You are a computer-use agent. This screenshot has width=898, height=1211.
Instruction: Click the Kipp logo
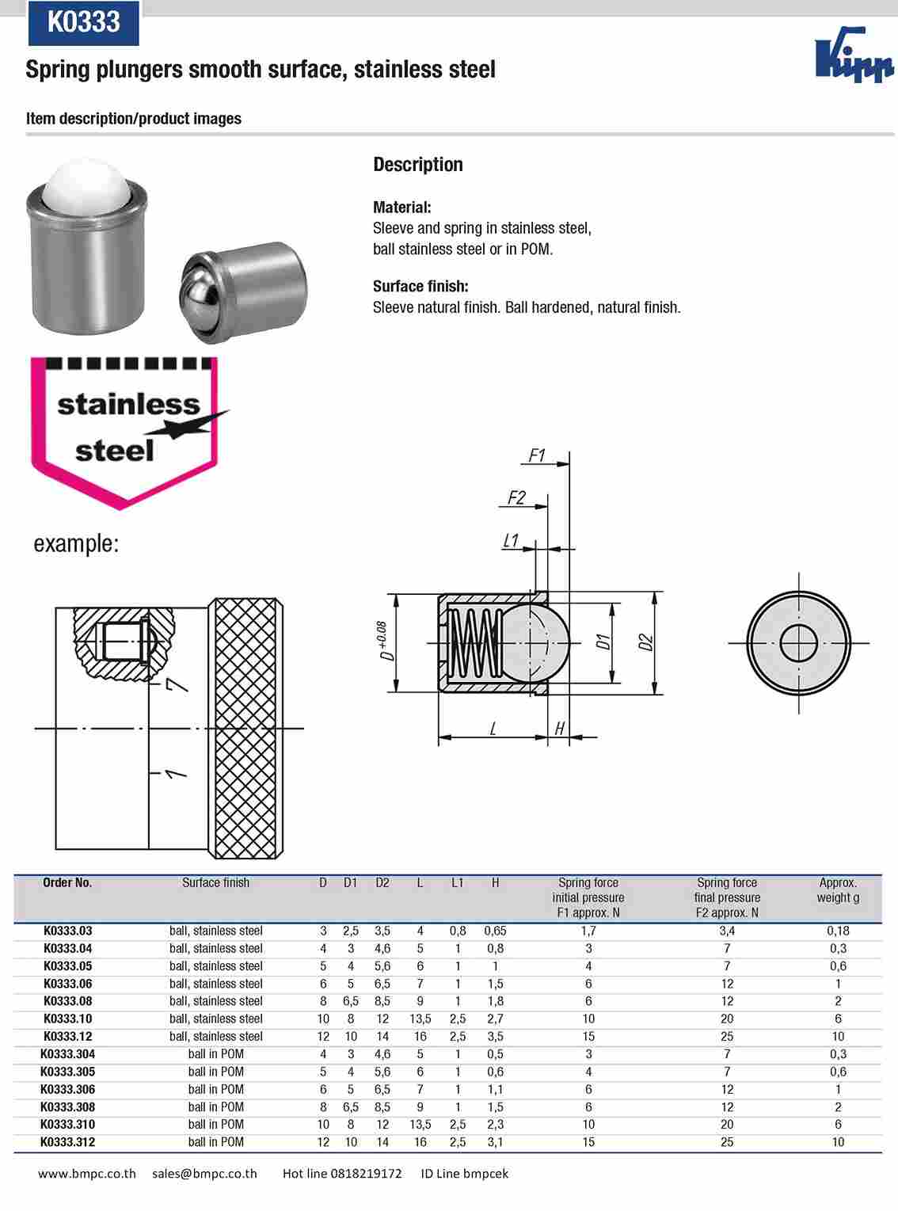coord(854,55)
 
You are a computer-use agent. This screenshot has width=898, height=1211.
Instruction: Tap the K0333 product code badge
coord(84,22)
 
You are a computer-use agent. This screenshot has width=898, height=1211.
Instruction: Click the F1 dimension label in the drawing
coord(537,455)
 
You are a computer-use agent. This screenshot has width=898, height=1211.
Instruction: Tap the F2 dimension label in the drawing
coord(516,497)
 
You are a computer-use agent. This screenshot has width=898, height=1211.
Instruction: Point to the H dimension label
coord(559,729)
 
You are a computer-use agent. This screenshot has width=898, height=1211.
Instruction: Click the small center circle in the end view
coord(798,642)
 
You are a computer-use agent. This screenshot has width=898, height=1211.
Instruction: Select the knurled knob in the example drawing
coord(246,727)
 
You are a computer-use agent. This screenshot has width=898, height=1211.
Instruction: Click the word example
coord(76,544)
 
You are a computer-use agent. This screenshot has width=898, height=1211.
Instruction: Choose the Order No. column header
coord(67,882)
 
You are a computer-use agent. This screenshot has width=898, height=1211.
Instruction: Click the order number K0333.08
coord(67,1001)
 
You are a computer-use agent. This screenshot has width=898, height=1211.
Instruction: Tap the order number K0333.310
coord(67,1125)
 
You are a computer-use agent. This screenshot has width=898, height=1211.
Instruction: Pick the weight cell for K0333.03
coord(838,931)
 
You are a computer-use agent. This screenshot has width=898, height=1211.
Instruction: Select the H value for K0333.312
coord(495,1142)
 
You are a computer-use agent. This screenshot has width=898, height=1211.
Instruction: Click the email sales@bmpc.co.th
coord(204,1174)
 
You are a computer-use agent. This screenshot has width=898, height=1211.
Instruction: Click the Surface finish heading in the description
coord(420,286)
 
